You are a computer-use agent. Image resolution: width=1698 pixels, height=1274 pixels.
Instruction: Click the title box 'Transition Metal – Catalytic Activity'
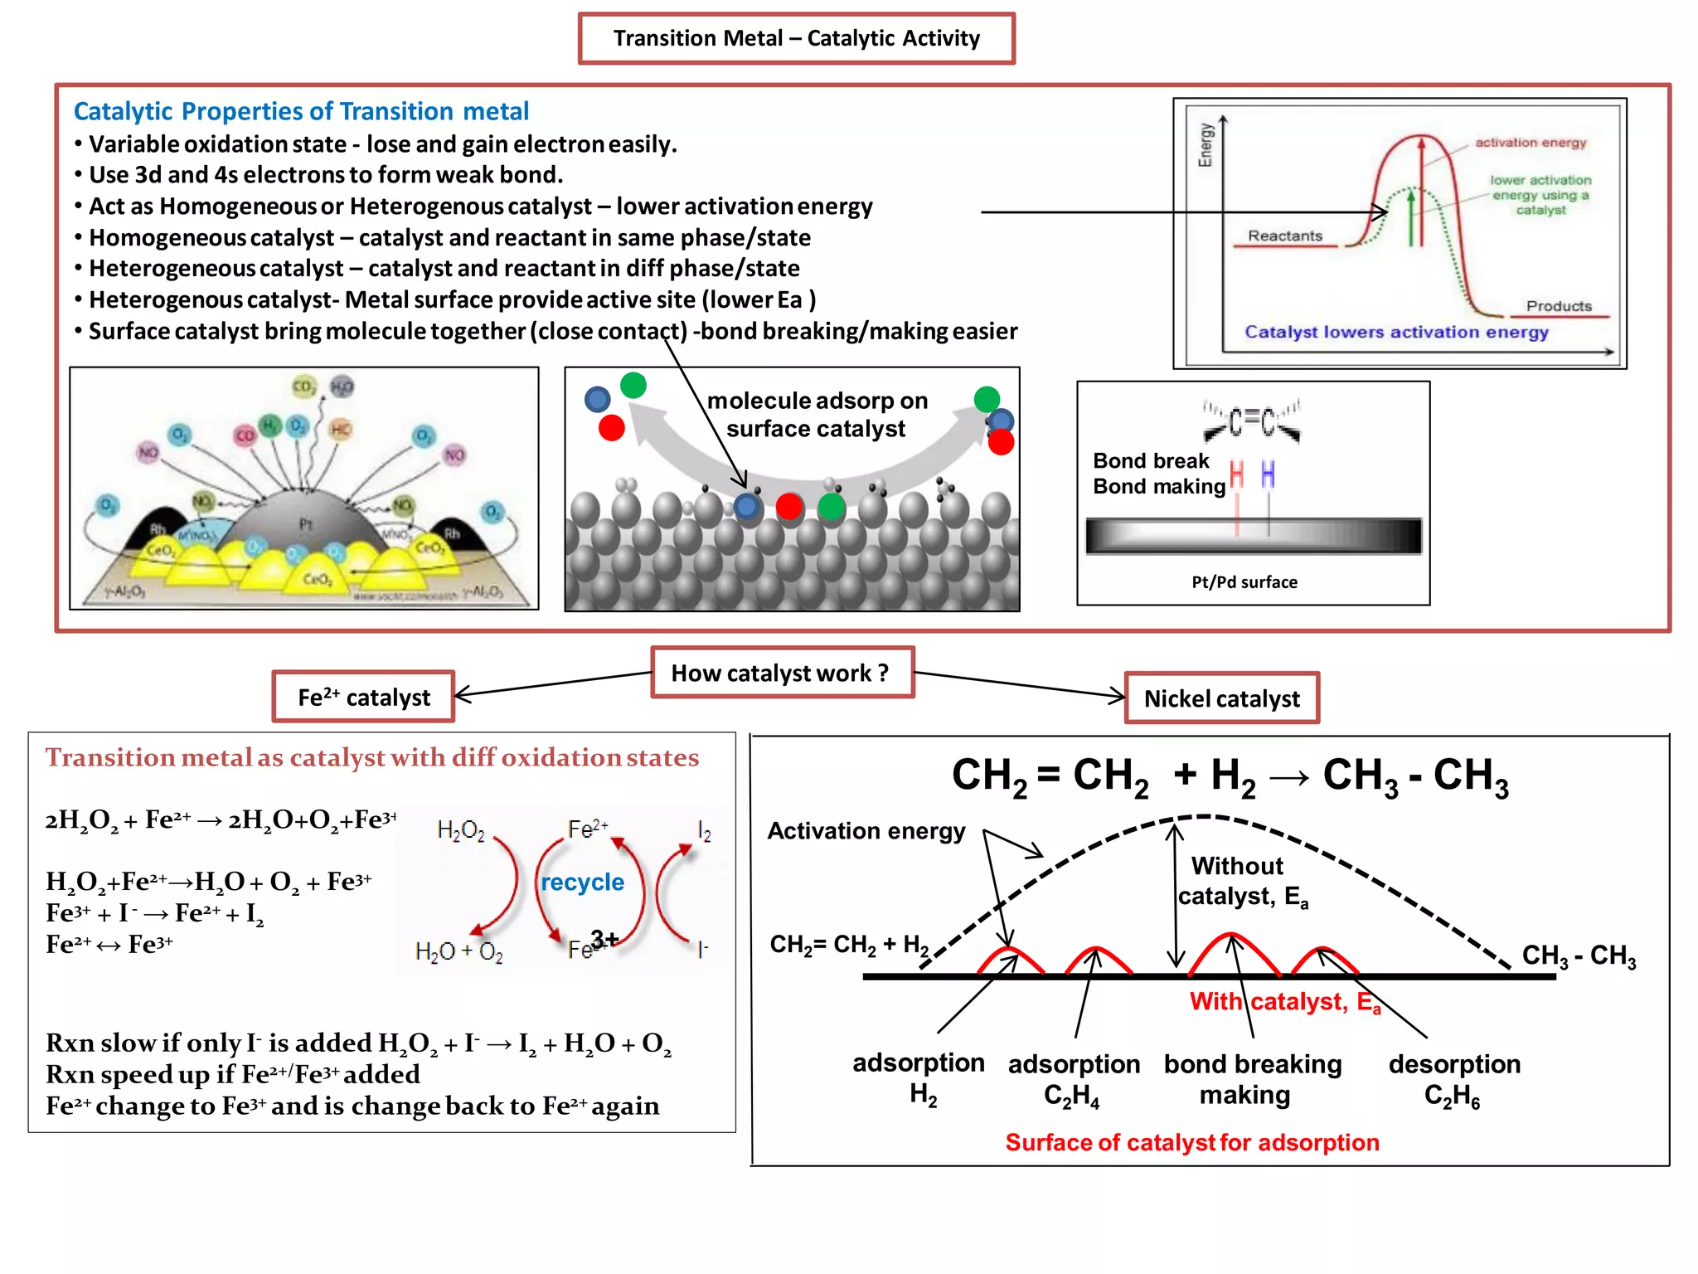click(796, 38)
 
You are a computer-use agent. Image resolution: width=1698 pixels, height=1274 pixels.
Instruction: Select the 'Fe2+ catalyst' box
click(364, 698)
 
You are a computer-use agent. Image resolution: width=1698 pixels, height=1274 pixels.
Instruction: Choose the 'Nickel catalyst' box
click(1221, 698)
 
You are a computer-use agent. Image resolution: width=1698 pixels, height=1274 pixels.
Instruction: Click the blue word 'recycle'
click(582, 882)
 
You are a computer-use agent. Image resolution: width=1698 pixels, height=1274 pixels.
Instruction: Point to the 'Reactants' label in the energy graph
click(1285, 236)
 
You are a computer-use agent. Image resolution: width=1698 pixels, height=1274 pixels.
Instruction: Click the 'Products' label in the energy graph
click(1559, 306)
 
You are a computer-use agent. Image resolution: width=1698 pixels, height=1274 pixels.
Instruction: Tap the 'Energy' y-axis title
click(1206, 145)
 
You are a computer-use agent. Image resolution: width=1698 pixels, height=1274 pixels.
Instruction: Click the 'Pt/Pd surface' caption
click(1244, 582)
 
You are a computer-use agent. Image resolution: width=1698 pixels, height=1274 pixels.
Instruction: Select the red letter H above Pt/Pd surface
click(1237, 475)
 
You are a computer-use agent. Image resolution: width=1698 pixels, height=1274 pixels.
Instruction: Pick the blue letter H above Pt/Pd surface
click(1268, 475)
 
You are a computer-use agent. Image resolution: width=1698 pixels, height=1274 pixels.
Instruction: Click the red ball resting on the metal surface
click(789, 506)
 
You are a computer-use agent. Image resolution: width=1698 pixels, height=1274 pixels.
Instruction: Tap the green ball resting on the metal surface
click(831, 506)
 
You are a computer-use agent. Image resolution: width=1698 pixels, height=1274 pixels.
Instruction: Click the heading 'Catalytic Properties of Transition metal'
click(301, 111)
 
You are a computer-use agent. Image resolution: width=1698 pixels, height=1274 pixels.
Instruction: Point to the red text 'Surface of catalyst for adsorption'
click(1192, 1142)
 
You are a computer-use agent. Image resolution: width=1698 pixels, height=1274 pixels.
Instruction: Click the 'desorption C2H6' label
click(1454, 1080)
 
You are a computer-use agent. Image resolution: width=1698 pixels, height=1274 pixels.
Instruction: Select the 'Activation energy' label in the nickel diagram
click(866, 831)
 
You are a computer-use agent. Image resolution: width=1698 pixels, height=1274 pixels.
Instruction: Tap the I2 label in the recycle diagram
click(704, 831)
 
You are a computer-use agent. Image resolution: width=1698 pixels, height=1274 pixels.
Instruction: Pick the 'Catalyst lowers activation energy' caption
click(1396, 332)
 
